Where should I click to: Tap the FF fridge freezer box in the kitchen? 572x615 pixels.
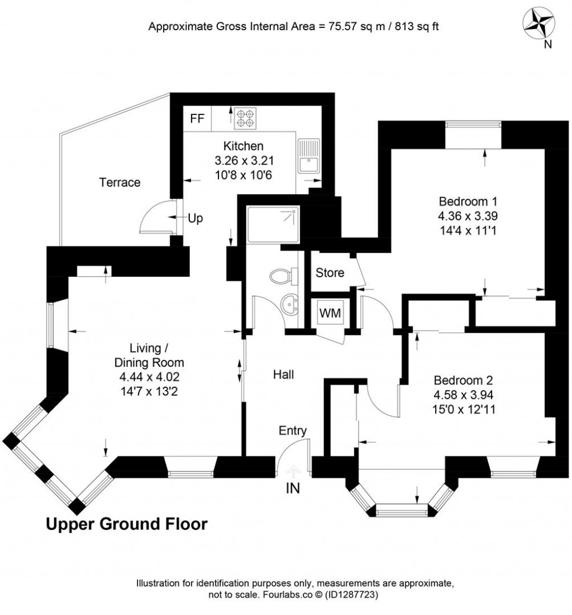tap(197, 118)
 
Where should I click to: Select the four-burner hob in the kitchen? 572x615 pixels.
tap(245, 118)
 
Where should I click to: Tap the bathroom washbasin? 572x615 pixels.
tap(290, 305)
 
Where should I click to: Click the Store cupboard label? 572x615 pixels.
tap(330, 273)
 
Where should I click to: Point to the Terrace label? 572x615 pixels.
tap(120, 182)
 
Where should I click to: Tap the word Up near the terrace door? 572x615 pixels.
tap(195, 219)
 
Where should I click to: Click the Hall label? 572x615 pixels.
tap(284, 374)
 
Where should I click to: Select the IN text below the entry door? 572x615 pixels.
tap(293, 488)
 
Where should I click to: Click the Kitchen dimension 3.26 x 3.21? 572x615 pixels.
tap(243, 161)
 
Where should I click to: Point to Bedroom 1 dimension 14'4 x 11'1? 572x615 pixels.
tap(468, 229)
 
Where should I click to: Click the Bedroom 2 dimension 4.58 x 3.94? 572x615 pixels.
tap(464, 395)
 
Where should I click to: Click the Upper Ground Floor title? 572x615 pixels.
tap(126, 525)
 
